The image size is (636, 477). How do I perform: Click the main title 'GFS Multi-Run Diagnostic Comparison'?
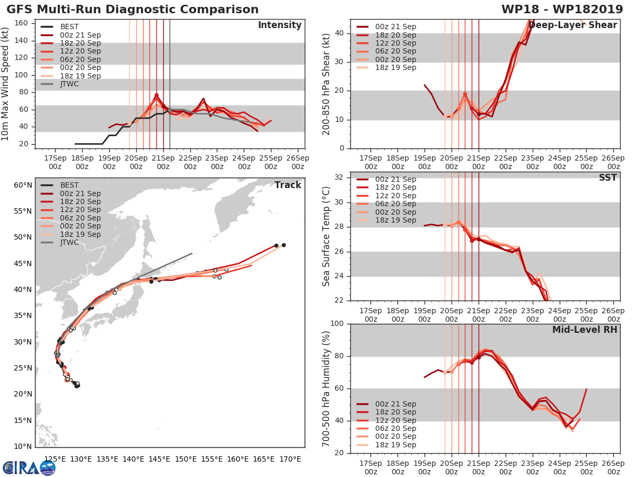pyautogui.click(x=132, y=10)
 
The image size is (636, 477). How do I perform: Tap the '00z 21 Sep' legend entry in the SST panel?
pyautogui.click(x=386, y=180)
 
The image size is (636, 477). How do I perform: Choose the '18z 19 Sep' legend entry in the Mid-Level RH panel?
pyautogui.click(x=386, y=445)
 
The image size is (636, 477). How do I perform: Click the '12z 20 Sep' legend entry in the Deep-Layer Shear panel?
pyautogui.click(x=386, y=43)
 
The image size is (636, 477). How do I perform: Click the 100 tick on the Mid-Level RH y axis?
pyautogui.click(x=338, y=324)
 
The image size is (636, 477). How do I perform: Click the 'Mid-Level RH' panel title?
pyautogui.click(x=584, y=330)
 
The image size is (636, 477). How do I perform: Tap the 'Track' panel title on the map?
pyautogui.click(x=288, y=185)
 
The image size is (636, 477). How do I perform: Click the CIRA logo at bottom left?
pyautogui.click(x=29, y=468)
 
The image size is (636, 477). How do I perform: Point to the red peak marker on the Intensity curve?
pyautogui.click(x=156, y=95)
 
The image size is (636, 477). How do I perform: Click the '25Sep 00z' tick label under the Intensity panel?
pyautogui.click(x=271, y=162)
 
